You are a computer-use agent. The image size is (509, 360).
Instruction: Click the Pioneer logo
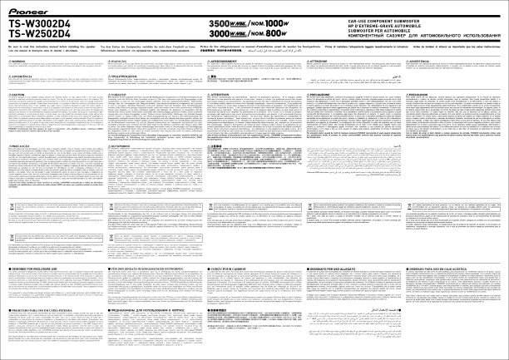(x=27, y=8)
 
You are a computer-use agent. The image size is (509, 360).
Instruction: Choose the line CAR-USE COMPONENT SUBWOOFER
(x=348, y=18)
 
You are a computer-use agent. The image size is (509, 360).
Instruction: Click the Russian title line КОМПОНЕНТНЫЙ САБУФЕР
(x=391, y=37)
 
